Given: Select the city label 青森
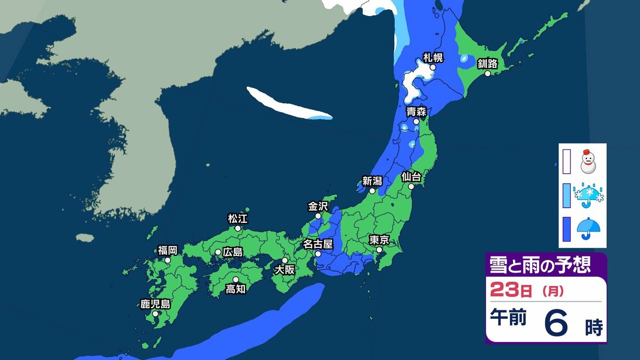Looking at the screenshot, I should coord(415,111).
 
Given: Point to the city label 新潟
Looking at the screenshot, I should coord(372,181).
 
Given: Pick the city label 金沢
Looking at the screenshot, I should coord(318,206).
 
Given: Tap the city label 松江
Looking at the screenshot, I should coord(237,218).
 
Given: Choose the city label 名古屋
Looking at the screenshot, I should coord(318,244).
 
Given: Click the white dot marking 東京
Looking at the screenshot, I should coord(379,250).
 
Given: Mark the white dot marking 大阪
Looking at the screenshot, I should coord(285,260).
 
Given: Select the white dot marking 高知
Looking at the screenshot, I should coord(235,279).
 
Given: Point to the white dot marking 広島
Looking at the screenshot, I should coord(218,252).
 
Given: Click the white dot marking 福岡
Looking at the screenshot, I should coord(167,260).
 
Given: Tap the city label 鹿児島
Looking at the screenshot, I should coord(155,305).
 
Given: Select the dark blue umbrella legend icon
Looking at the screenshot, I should coord(589,229).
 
